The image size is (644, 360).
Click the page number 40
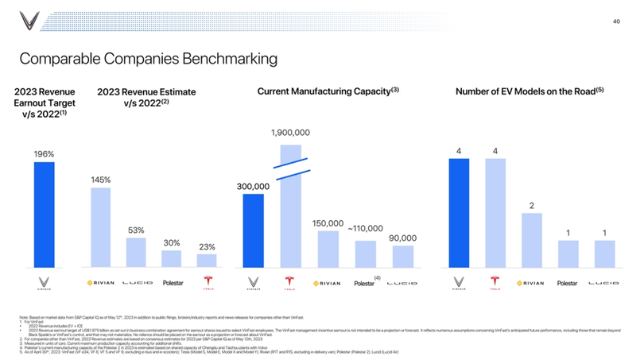click(x=616, y=21)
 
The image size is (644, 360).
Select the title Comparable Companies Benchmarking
click(x=148, y=59)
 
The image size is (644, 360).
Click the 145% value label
click(x=100, y=180)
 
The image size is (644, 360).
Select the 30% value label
click(x=172, y=242)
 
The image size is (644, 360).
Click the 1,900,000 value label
click(x=290, y=132)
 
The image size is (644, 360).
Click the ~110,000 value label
click(x=365, y=229)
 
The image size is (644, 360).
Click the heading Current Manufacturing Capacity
click(x=328, y=91)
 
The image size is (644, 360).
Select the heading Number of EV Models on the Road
click(x=530, y=91)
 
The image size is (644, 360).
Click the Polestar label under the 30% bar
click(x=173, y=283)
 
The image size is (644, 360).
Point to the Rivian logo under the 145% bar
click(x=100, y=283)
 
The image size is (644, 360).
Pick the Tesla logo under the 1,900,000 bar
click(x=290, y=283)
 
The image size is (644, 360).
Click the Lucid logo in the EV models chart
click(x=604, y=283)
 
